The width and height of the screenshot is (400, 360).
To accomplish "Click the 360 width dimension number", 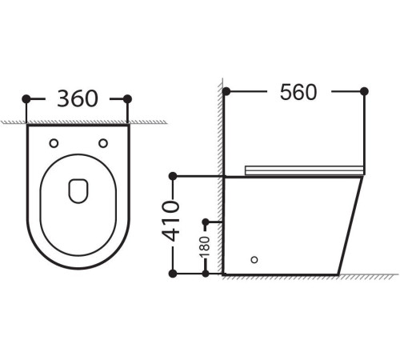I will (x=78, y=98).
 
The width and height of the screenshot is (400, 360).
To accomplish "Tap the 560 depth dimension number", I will (x=298, y=92).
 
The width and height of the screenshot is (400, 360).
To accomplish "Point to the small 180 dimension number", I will (x=206, y=247).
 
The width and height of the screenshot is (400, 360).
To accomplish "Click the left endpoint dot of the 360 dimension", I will (x=26, y=98).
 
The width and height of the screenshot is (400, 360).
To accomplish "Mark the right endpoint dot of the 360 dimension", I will (x=128, y=98).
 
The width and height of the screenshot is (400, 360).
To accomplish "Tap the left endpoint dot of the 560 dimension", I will (x=226, y=91).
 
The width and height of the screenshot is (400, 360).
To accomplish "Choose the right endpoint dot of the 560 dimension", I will (x=365, y=91).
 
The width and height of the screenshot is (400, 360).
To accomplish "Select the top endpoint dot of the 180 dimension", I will (x=206, y=221).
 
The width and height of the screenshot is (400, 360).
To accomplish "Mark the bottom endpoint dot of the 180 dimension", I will (x=206, y=274).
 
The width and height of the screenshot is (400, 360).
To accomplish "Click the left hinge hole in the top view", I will (x=54, y=143).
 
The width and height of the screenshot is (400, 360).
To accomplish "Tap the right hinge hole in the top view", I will (x=102, y=143).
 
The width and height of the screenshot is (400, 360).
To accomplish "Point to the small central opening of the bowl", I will (x=78, y=189).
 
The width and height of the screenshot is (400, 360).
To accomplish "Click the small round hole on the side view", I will (x=255, y=259).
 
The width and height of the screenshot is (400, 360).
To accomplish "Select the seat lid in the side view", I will (x=304, y=170).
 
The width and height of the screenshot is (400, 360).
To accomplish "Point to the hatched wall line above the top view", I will (x=78, y=122).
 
